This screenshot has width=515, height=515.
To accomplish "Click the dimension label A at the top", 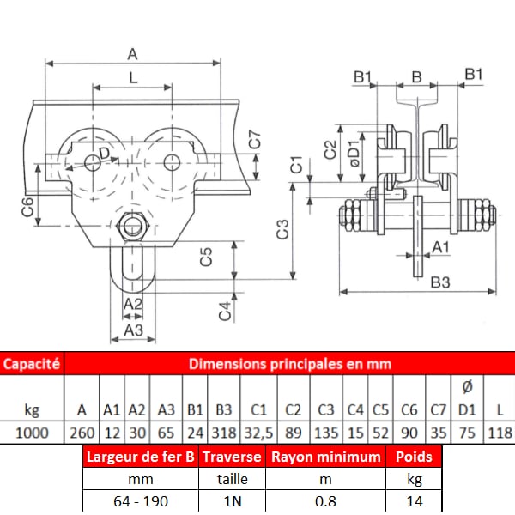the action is pos(132,54).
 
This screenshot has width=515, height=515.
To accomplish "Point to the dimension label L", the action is pos(133,78).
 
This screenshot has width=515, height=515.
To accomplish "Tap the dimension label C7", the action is pos(255,140).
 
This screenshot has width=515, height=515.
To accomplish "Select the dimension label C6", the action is pos(28,207).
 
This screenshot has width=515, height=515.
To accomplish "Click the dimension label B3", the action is pos(440,282).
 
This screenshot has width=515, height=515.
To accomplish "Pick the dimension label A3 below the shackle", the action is pos(134,330).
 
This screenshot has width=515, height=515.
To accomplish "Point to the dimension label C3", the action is pos(282,229).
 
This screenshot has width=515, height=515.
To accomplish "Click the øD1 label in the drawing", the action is pos(354,153).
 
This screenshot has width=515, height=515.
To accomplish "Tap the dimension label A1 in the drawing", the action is pos(441,247).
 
